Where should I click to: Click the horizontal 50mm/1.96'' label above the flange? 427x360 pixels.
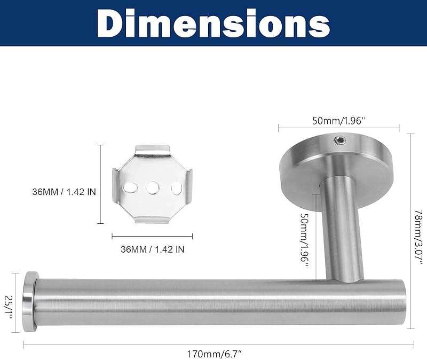click(338, 121)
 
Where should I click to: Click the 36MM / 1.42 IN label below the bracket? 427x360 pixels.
click(152, 248)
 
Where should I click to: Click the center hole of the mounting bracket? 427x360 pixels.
click(152, 187)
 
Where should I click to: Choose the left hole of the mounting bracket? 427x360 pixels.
click(129, 187)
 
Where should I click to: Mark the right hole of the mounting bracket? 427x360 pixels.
click(176, 187)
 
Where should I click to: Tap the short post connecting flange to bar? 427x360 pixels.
click(340, 230)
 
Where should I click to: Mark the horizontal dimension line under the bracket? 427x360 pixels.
click(152, 235)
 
